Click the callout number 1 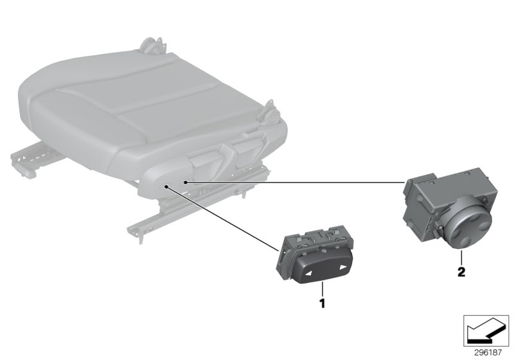(323, 303)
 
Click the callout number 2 (461, 272)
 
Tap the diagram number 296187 (488, 352)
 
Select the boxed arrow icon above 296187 (486, 331)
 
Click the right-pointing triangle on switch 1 (343, 267)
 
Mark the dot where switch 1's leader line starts (167, 187)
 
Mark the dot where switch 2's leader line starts (185, 182)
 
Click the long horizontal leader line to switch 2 (295, 182)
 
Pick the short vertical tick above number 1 (323, 289)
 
